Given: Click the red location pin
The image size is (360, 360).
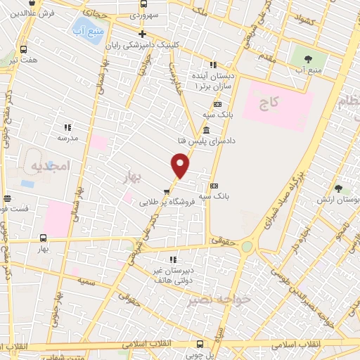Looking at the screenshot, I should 181,165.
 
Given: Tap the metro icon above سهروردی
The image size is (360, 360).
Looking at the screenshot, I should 143,4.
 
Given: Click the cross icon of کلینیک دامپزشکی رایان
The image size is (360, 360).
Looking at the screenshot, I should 142,34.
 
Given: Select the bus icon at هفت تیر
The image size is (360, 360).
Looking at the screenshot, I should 25,50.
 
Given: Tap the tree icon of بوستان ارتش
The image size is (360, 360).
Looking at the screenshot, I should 338,188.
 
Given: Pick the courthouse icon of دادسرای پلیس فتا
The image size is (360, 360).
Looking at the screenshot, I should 205,131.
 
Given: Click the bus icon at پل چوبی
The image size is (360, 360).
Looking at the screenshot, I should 200,344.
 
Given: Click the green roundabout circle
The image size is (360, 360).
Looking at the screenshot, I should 247,247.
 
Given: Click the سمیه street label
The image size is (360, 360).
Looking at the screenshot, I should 87,281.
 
